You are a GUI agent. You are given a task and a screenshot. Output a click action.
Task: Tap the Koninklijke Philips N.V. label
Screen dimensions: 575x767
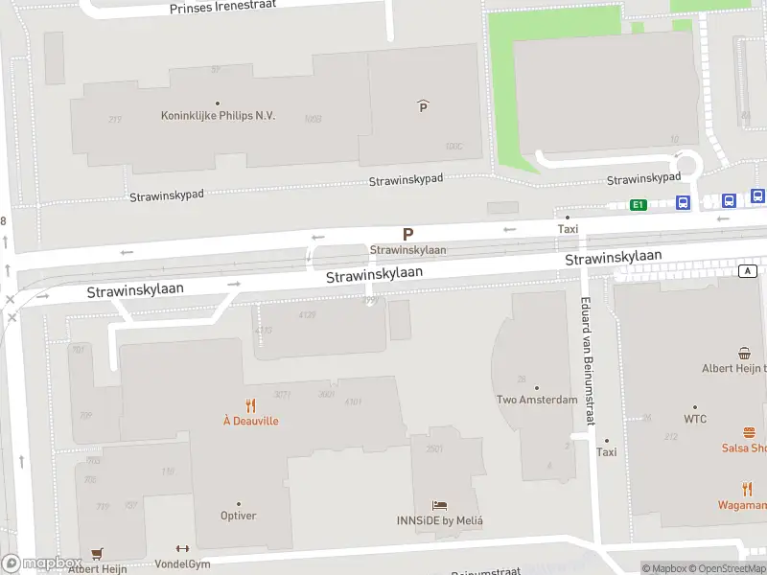click(218, 115)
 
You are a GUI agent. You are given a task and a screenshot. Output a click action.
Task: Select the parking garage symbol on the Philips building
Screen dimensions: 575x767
click(423, 106)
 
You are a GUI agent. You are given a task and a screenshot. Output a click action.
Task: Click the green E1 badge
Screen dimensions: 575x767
click(638, 204)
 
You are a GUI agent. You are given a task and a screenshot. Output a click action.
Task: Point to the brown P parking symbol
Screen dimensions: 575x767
click(407, 234)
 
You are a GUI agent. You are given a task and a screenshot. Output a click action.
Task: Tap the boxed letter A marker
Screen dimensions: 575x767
click(747, 271)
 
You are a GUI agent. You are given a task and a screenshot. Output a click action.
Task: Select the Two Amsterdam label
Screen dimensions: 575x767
click(536, 400)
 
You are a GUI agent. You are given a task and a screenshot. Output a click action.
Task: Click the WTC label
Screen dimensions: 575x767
click(695, 419)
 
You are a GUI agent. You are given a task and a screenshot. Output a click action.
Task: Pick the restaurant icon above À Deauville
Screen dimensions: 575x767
click(251, 404)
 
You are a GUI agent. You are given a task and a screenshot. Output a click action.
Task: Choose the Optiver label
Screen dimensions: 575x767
click(238, 516)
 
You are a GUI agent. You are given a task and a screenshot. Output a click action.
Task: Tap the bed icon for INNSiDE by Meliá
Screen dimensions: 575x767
click(439, 505)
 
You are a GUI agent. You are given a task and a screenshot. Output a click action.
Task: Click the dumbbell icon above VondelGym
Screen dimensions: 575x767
click(182, 549)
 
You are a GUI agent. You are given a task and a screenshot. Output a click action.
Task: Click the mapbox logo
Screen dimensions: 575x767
click(42, 563)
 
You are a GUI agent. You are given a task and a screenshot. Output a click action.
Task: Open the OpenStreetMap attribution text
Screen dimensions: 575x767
click(720, 568)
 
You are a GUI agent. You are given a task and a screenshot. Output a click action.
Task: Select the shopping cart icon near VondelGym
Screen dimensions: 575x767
click(96, 554)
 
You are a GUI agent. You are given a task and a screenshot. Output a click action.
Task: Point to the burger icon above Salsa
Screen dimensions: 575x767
click(748, 432)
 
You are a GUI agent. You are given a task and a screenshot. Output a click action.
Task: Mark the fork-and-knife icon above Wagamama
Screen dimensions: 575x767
click(748, 489)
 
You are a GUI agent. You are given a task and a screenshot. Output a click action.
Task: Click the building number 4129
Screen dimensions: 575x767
click(307, 314)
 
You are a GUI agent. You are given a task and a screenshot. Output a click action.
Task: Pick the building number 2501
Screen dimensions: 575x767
click(433, 448)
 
